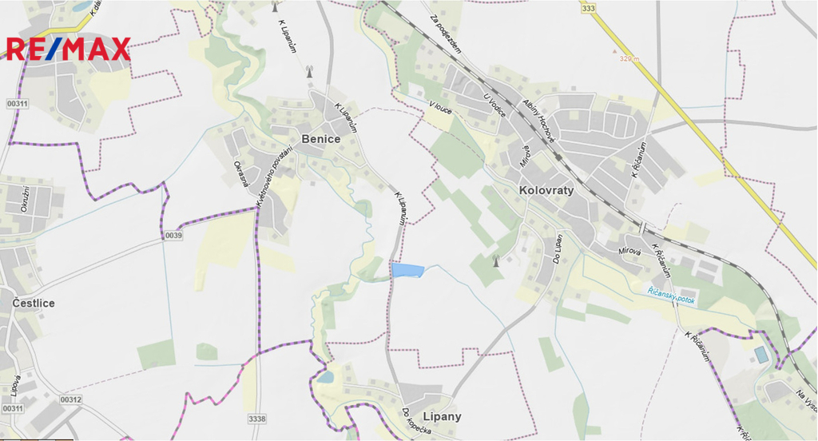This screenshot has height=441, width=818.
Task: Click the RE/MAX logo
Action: (67, 49)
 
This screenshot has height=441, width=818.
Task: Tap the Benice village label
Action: (321, 139)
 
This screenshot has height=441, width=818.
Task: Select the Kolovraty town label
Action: (546, 191)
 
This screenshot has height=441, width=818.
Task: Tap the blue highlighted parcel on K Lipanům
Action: (407, 270)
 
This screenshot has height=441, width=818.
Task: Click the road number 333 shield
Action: (589, 8)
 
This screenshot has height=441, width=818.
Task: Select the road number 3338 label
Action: (257, 419)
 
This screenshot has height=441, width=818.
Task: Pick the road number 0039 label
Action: (174, 236)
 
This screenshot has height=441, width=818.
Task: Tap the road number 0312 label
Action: (70, 399)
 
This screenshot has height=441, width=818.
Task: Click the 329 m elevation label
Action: (630, 58)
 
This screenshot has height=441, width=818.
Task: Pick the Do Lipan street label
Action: (558, 249)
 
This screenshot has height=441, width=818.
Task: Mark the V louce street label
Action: (439, 107)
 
